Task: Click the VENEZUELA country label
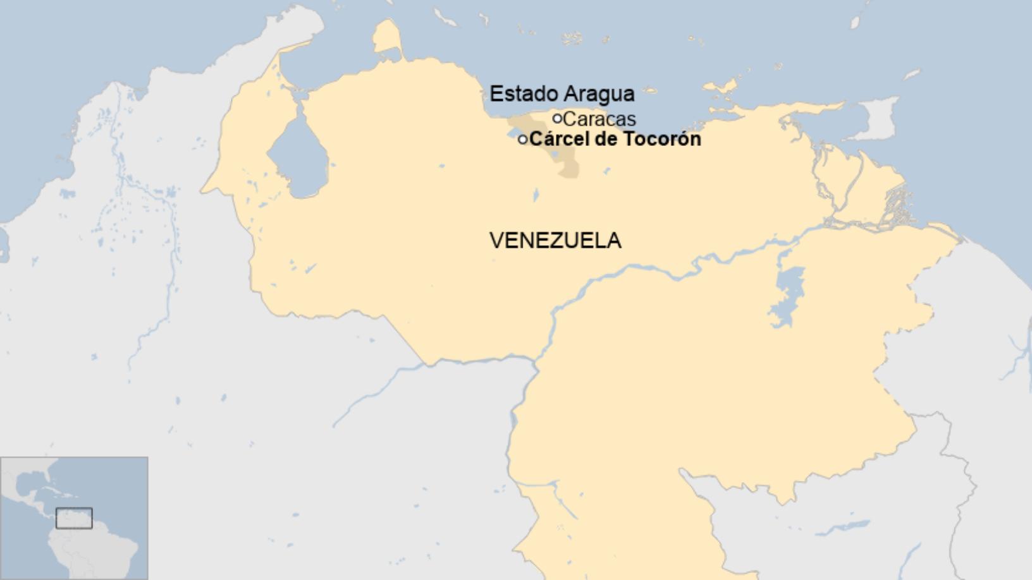pos(555,241)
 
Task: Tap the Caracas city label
pos(599,119)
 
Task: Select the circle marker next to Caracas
pos(557,118)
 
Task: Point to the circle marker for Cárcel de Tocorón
pos(522,140)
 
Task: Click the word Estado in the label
pos(523,94)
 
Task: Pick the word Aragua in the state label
pos(599,94)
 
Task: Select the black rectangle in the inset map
pos(74,518)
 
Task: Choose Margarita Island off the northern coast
pos(721,88)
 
